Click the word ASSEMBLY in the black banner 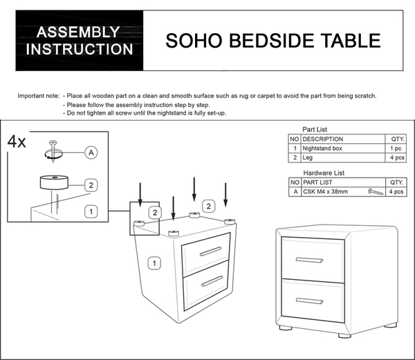(x=78, y=32)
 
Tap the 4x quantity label (x=17, y=142)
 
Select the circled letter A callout (x=91, y=153)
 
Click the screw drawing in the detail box (x=53, y=151)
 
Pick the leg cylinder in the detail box (x=54, y=182)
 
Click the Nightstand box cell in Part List (x=322, y=149)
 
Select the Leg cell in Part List (x=307, y=158)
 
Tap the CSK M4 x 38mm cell (x=325, y=191)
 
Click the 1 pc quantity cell (x=396, y=149)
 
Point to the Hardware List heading (x=324, y=173)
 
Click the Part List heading (x=315, y=129)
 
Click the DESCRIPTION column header (x=322, y=139)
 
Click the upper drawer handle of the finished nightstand (x=309, y=260)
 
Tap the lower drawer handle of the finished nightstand (x=309, y=301)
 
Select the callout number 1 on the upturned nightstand (x=154, y=263)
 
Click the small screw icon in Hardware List (x=376, y=191)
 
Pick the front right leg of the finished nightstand (x=344, y=335)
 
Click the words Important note (x=39, y=96)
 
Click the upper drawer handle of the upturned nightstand (x=211, y=252)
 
